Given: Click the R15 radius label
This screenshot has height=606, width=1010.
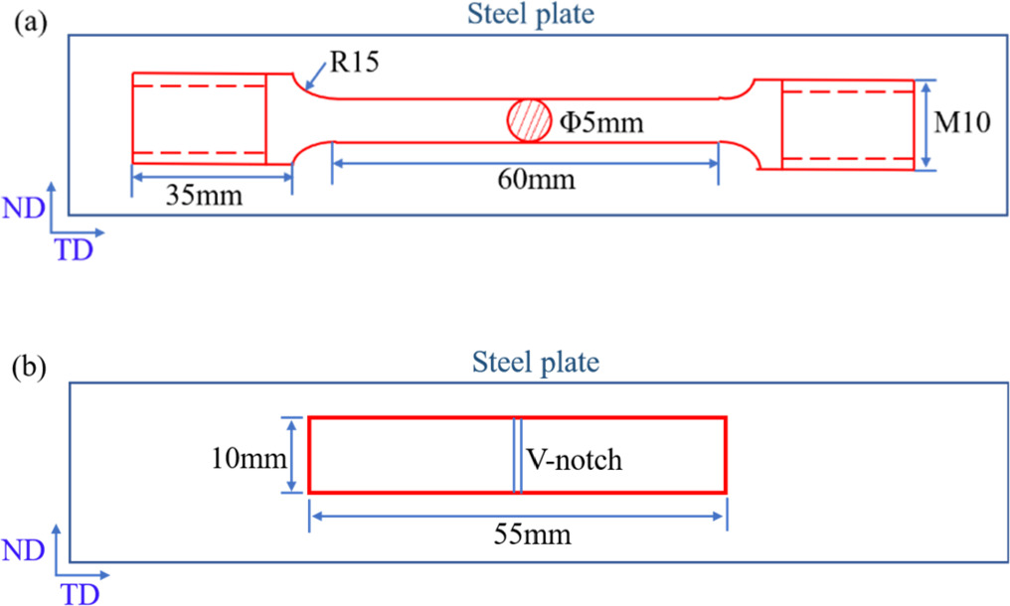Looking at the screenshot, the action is click(354, 62).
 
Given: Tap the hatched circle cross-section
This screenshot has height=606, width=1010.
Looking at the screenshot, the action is click(529, 120).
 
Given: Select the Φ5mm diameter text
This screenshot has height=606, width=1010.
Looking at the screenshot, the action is click(601, 121).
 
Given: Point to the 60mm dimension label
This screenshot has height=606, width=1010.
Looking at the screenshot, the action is click(536, 179).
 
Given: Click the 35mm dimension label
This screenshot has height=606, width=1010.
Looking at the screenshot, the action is click(204, 195).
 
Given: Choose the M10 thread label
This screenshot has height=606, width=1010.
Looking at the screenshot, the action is click(961, 121).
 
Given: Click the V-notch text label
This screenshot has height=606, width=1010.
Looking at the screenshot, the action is click(574, 460).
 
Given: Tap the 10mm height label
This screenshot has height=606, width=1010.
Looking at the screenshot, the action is click(249, 459).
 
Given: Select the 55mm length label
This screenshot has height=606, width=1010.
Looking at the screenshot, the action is click(532, 534).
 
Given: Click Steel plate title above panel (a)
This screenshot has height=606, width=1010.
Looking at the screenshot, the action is click(531, 14).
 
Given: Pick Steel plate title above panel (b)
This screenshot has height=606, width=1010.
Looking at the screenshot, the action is click(536, 362).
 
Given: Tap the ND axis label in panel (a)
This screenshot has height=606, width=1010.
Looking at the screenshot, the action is click(23, 208).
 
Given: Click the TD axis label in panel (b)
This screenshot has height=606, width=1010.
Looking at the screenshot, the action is click(80, 595).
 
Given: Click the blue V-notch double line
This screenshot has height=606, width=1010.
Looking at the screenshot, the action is click(517, 455).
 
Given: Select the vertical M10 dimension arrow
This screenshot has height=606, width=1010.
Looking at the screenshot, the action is click(926, 125).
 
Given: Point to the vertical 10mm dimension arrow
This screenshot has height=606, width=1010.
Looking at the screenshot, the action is click(292, 455).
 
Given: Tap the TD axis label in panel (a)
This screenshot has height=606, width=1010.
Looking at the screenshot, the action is click(75, 250).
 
